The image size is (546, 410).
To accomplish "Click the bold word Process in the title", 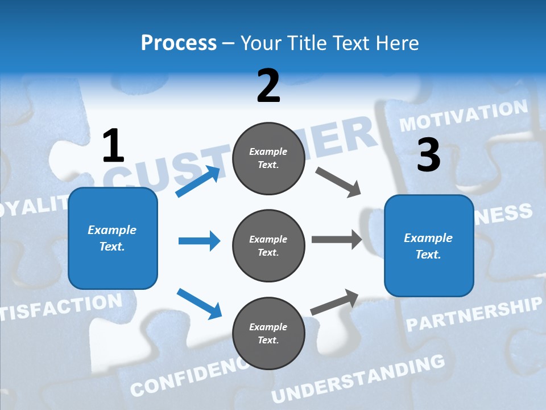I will point(179,43).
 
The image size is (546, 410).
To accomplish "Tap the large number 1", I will point(113,146).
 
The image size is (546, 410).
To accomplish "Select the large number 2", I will point(268,86).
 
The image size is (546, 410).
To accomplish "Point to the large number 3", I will point(428,155).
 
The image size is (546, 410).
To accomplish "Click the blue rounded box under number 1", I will point(113,238).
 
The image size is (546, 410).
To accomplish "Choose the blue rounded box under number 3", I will point(429,245).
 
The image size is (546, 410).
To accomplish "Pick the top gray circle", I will point(268,158).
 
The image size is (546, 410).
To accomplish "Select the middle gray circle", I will point(268,245).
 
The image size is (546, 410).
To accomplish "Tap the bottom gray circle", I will point(268,333).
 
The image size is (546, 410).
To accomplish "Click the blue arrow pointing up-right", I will point(198,182).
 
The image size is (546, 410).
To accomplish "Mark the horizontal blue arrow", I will point(199,241).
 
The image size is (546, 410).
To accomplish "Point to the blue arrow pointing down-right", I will point(199,303).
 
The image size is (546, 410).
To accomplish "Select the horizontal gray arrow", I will point(337,239).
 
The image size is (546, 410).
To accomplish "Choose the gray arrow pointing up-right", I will point(334,302).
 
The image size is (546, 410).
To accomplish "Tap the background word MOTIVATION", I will point(464,115).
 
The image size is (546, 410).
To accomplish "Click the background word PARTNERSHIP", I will point(473,314).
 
